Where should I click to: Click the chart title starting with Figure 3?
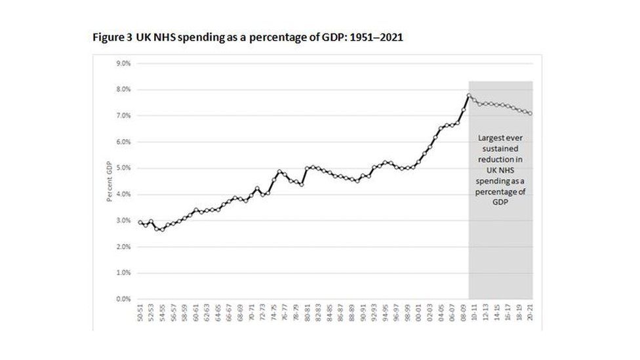[247, 37]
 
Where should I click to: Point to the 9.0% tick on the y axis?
[125, 64]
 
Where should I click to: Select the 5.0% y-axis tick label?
[125, 169]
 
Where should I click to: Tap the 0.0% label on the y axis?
[125, 299]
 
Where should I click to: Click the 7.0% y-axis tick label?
[125, 116]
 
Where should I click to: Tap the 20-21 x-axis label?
[529, 314]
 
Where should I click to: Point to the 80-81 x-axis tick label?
[307, 314]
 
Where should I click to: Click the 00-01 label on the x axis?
[418, 314]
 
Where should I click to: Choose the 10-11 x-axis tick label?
[473, 314]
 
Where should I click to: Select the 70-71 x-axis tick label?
[251, 314]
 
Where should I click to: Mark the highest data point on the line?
[469, 95]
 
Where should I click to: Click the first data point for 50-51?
[140, 222]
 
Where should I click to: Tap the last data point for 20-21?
[529, 113]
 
